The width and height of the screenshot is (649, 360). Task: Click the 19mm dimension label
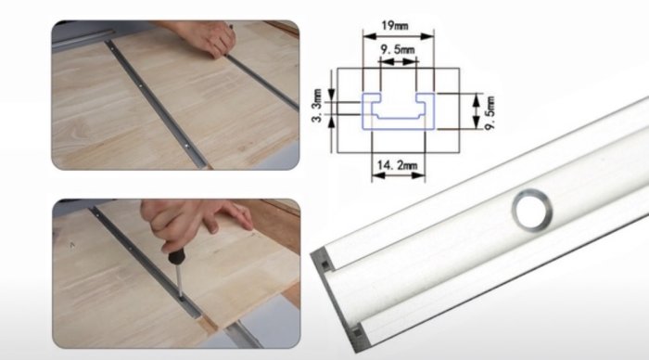pyautogui.click(x=394, y=26)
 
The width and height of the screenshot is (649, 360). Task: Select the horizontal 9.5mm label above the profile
pyautogui.click(x=398, y=50)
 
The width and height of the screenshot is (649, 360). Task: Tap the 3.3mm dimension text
pyautogui.click(x=317, y=106)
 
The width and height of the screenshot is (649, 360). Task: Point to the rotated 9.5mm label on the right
pyautogui.click(x=490, y=112)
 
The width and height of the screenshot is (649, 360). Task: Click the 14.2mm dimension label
pyautogui.click(x=398, y=165)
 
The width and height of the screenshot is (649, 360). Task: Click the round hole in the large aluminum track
pyautogui.click(x=532, y=210)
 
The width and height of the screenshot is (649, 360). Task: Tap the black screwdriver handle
pyautogui.click(x=176, y=256)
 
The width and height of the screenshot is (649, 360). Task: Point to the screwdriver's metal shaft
pyautogui.click(x=179, y=280)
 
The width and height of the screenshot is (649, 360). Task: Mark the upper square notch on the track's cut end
pyautogui.click(x=324, y=264)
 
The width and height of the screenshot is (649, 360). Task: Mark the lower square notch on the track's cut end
pyautogui.click(x=356, y=331)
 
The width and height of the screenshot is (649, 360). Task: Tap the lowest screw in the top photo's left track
pyautogui.click(x=186, y=146)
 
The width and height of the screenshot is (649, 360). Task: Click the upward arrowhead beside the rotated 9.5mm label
pyautogui.click(x=476, y=98)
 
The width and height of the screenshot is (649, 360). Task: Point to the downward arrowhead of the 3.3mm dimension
pyautogui.click(x=331, y=95)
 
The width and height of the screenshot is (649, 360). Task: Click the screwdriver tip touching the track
pyautogui.click(x=181, y=296)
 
